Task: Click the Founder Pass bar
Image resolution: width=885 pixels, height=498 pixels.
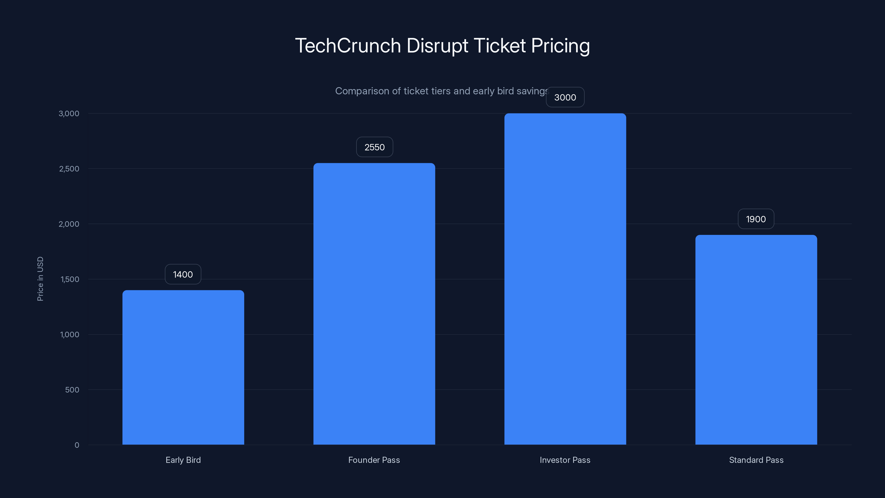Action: [x=374, y=304]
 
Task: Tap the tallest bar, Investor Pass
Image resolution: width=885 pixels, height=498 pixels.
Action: [x=565, y=279]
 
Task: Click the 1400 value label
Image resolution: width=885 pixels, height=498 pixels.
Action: [x=183, y=274]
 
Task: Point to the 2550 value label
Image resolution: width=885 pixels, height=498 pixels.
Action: [x=374, y=147]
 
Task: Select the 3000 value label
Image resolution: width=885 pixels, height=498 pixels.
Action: [x=565, y=97]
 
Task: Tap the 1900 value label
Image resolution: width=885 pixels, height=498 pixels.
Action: [x=756, y=219]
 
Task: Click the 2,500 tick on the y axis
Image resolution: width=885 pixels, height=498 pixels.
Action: [x=69, y=169]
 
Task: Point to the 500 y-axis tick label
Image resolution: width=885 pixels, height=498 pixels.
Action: [x=72, y=390]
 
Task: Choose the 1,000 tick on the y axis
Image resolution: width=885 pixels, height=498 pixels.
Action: [x=69, y=334]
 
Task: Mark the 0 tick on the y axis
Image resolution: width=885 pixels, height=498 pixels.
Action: [x=77, y=445]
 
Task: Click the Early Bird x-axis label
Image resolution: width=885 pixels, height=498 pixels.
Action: [x=183, y=460]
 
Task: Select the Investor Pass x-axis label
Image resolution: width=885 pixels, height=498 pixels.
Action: [x=565, y=460]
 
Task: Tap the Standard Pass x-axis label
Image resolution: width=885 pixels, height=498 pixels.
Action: [x=756, y=460]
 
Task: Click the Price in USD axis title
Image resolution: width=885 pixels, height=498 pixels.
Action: [x=40, y=279]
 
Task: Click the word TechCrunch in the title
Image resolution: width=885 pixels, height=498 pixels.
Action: [x=348, y=46]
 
